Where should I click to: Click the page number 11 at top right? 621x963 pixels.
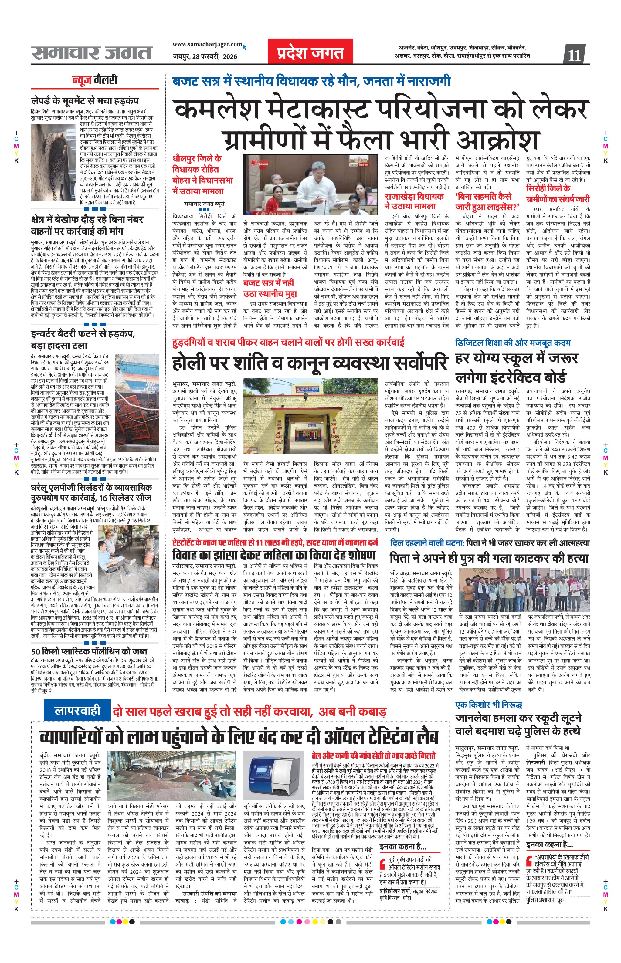pyautogui.click(x=574, y=54)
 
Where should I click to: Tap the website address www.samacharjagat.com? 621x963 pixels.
pyautogui.click(x=207, y=44)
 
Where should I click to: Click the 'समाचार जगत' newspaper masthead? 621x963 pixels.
pyautogui.click(x=92, y=53)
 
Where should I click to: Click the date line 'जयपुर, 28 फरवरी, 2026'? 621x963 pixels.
pyautogui.click(x=205, y=56)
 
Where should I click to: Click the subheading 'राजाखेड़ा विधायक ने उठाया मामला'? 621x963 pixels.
pyautogui.click(x=414, y=201)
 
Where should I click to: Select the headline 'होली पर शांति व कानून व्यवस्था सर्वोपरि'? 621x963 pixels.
pyautogui.click(x=309, y=362)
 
